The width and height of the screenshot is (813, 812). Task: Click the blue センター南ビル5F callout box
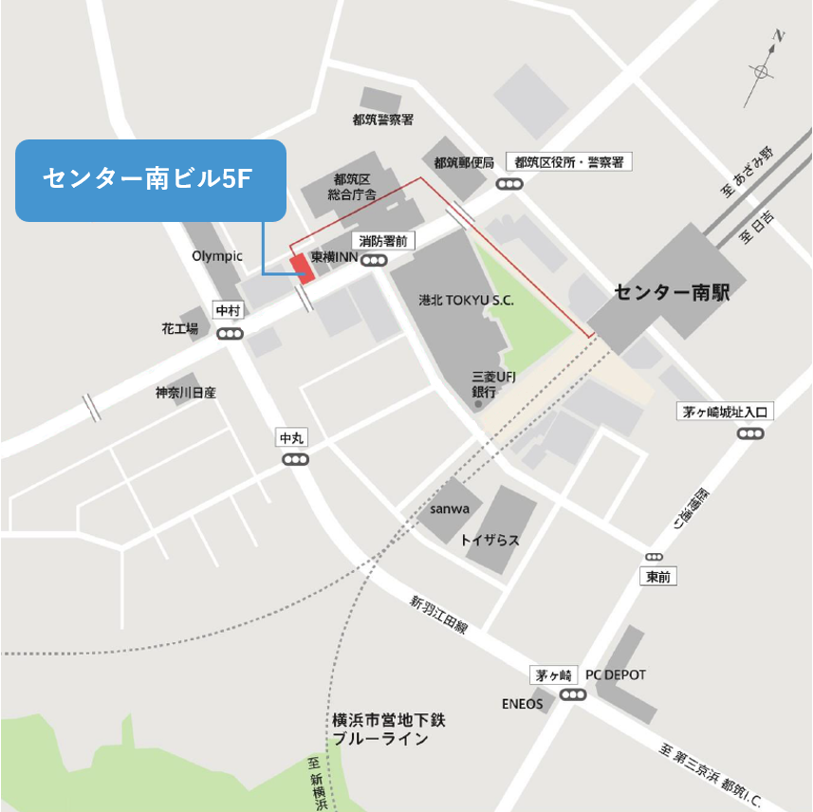coord(151,180)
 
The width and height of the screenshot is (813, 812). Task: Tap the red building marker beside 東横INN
coord(302,268)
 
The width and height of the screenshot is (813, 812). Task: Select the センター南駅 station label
coord(672,292)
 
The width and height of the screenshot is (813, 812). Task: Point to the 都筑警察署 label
coord(382,120)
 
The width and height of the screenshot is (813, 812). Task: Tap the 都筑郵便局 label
coord(464,163)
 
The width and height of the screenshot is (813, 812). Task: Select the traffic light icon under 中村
coord(230,334)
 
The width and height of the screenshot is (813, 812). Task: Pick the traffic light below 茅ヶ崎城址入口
coord(750,434)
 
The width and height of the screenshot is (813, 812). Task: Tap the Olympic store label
coord(217,256)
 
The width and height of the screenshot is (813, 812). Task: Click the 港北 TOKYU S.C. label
coord(467,300)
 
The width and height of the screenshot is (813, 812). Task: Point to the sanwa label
coord(450,509)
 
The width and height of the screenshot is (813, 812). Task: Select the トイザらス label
coord(490,540)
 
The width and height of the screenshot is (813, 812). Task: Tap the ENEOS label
coord(523,704)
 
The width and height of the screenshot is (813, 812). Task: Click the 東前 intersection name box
coord(657,577)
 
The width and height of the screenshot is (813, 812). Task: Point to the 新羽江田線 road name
coord(439,615)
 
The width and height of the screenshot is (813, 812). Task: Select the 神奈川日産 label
coord(187,392)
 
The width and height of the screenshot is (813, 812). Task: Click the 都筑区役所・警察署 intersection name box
coord(568,162)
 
